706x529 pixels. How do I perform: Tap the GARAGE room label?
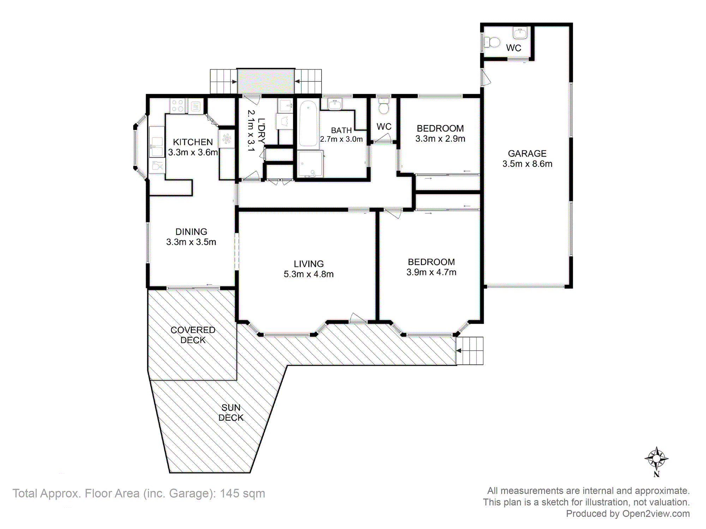coord(527,153)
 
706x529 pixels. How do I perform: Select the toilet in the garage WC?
coord(492,43)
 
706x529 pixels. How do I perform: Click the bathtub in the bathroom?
coord(308,123)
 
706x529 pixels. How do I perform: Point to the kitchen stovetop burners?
coord(178,106)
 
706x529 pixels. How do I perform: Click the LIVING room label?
coord(309,264)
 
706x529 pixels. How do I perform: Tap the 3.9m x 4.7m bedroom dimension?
coord(431,272)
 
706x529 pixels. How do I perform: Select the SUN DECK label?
coord(231,413)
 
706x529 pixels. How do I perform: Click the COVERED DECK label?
coord(193,335)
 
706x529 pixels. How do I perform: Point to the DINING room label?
coord(191,232)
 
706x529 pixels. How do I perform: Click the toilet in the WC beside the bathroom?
coord(384,106)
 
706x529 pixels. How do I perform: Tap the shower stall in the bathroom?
coord(310,164)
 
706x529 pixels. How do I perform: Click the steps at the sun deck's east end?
coord(469,351)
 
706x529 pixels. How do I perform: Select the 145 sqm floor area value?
coord(242,493)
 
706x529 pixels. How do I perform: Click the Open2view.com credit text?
coord(656,514)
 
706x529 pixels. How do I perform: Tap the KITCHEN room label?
coord(193,142)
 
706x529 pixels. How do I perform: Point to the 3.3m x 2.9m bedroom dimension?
coord(440,139)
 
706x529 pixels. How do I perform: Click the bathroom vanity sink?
coord(335,104)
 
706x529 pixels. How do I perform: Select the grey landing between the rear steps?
coord(266,81)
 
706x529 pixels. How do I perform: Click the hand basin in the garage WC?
coord(520,33)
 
